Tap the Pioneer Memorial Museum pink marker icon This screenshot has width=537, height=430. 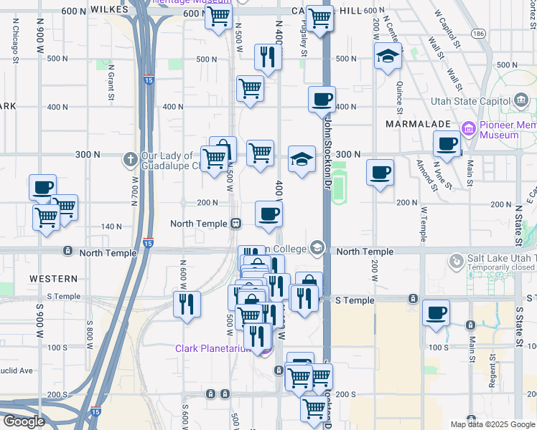pos(469,129)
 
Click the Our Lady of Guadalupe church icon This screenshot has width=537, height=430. pos(130,158)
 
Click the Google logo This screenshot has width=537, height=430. pos(23,421)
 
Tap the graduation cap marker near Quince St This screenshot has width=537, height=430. pos(388,56)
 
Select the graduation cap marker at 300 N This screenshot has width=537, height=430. pos(302,159)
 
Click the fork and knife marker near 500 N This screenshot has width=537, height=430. pos(268,57)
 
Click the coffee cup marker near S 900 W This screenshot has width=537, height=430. pos(42,187)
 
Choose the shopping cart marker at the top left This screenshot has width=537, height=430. pos(218,16)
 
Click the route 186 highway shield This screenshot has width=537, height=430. pos(477,34)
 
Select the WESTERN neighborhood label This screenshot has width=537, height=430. pos(54,278)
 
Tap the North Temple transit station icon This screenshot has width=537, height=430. pos(235,224)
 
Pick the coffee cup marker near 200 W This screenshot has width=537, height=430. pos(380,172)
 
